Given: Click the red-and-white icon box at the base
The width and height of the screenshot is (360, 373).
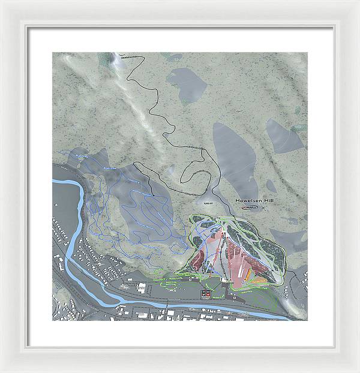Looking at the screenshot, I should (x=205, y=293).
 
